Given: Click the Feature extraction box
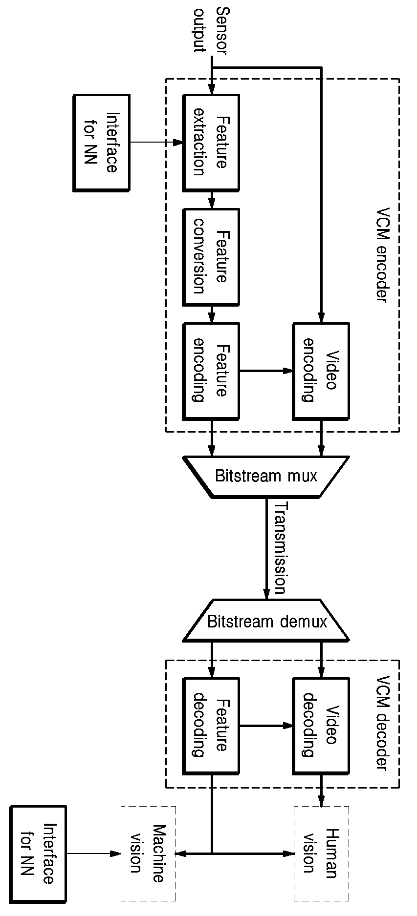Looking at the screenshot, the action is pyautogui.click(x=211, y=143).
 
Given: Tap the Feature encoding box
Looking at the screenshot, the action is pyautogui.click(x=211, y=371).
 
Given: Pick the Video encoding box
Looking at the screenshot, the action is pyautogui.click(x=321, y=371).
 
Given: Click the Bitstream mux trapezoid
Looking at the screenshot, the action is pyautogui.click(x=266, y=477).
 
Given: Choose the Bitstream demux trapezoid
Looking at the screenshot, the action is pyautogui.click(x=266, y=620).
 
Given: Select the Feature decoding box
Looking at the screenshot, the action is pyautogui.click(x=211, y=726).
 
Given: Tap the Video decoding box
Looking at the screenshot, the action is pyautogui.click(x=321, y=726).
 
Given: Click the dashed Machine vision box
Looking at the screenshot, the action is pyautogui.click(x=148, y=854).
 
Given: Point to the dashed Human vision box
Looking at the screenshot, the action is pyautogui.click(x=321, y=854).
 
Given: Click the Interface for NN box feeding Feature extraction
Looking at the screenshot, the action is pyautogui.click(x=101, y=143).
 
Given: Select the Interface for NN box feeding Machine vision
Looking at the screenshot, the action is pyautogui.click(x=38, y=854).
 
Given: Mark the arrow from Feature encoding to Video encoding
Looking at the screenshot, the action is pyautogui.click(x=266, y=371).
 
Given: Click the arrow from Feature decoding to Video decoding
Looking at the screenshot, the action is pyautogui.click(x=266, y=726).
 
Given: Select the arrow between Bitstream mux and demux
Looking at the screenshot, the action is pyautogui.click(x=266, y=548).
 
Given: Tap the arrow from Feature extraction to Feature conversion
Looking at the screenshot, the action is pyautogui.click(x=211, y=200).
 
